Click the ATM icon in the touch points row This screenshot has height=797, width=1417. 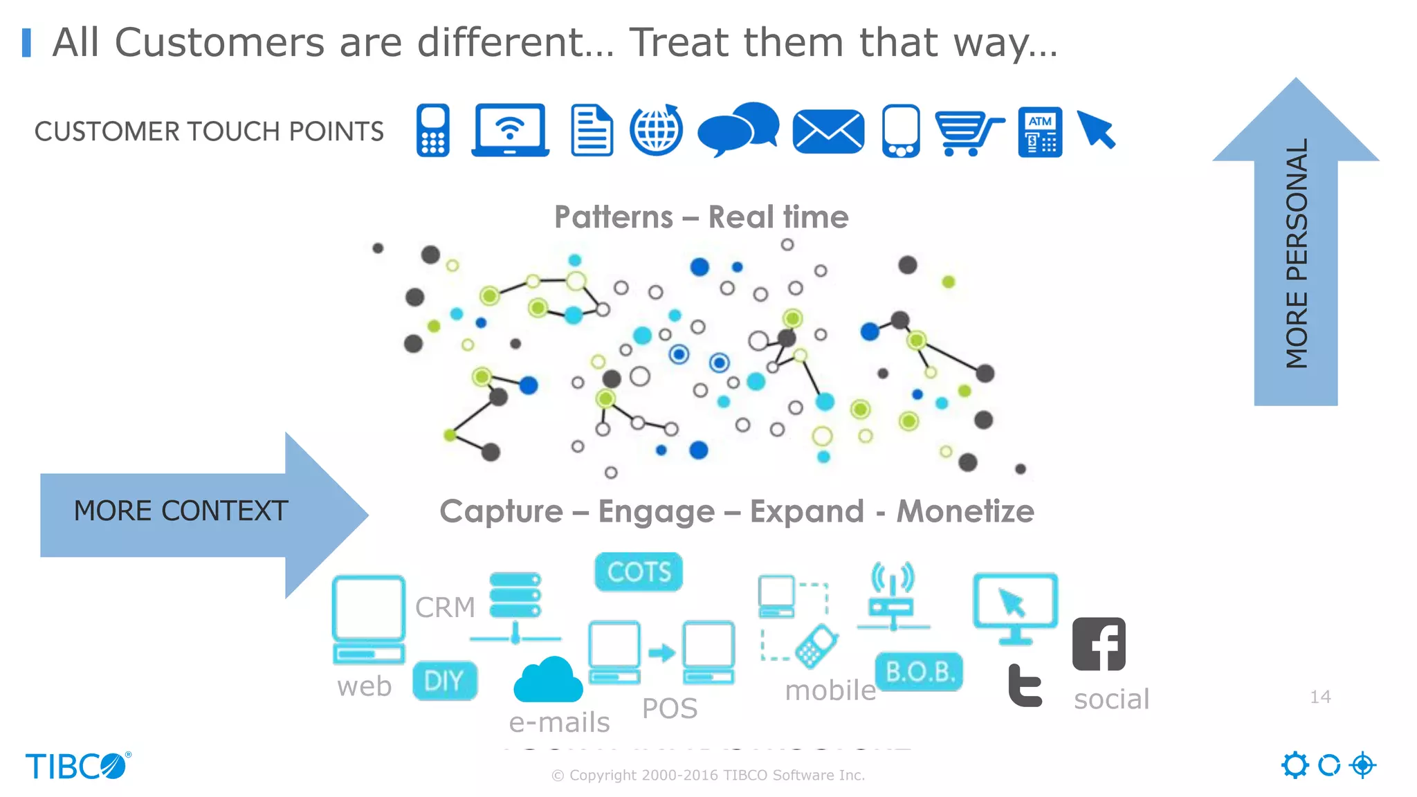point(1040,131)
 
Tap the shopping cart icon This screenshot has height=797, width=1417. point(968,132)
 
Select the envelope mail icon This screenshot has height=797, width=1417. point(828,131)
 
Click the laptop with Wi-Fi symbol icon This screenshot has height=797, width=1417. point(511,130)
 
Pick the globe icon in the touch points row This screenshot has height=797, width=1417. point(656,130)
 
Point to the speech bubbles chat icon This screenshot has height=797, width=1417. point(738,129)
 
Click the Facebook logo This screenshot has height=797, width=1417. point(1099,644)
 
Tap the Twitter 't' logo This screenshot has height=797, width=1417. point(1025,686)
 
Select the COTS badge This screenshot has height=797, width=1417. point(639,572)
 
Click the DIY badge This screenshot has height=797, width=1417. point(445,681)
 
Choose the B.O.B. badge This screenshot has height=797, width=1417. point(920,672)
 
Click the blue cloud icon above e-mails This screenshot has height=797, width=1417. point(548,680)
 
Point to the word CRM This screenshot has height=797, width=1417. point(445,607)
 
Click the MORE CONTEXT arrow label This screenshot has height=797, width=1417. point(181,511)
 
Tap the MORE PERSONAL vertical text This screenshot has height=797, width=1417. point(1296,253)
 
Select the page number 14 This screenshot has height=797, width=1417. point(1320,697)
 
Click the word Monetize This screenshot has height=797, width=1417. point(965,512)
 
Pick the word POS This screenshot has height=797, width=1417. point(669,708)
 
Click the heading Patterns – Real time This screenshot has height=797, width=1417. point(701,217)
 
